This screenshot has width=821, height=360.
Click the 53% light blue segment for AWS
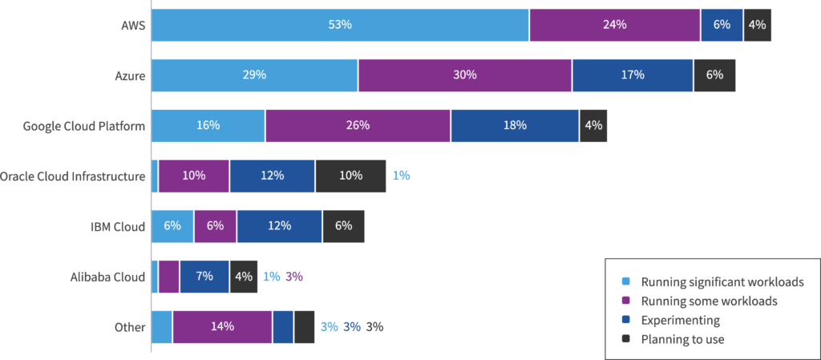tap(340, 25)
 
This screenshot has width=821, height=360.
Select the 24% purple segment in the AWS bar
tap(614, 25)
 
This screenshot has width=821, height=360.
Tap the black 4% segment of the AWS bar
tap(757, 25)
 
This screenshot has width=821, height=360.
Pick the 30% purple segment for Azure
tap(465, 75)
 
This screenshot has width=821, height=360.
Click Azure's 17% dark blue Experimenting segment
tap(632, 75)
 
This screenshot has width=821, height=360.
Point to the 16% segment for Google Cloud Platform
tap(208, 126)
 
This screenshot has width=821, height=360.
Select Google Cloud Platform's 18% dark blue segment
tap(515, 126)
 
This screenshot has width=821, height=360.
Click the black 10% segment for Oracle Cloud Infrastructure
tap(350, 176)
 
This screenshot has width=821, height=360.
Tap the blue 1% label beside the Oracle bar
tap(401, 176)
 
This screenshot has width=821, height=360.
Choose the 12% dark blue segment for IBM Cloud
tap(279, 226)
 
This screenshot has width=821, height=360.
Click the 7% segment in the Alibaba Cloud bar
tap(204, 277)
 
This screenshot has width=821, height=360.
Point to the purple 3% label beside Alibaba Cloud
tap(293, 277)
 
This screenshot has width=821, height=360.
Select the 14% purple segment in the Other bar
tap(222, 327)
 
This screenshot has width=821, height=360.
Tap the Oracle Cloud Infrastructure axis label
tap(73, 176)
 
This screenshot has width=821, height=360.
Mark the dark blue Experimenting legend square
tap(626, 320)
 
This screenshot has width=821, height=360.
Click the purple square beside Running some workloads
tap(626, 301)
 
